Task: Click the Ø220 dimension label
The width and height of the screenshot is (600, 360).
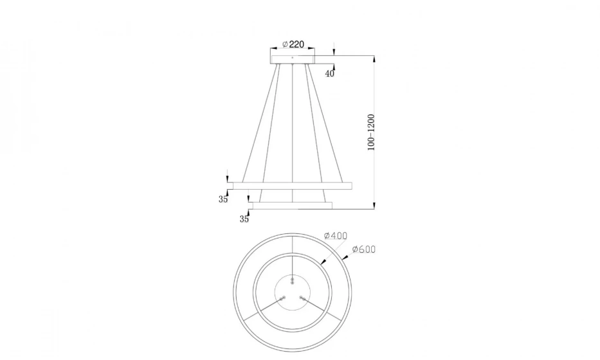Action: point(293,45)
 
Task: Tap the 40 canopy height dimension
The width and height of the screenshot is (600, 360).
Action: point(329,73)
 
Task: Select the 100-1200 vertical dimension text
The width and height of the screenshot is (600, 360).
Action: point(371,132)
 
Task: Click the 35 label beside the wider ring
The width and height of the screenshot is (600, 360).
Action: point(223,199)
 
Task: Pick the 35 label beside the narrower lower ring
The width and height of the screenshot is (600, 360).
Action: point(244,219)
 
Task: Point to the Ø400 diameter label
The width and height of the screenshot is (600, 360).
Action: point(336,236)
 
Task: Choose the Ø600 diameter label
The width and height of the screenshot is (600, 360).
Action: point(363,249)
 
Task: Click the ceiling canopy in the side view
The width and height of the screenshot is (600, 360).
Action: point(293,59)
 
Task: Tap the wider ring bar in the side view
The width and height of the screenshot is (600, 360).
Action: point(293,186)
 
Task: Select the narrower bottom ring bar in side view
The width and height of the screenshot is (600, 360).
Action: point(293,206)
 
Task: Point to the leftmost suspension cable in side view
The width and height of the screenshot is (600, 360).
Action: point(260,122)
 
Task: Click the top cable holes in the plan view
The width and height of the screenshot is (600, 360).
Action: point(292,281)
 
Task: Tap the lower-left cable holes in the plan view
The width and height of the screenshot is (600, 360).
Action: point(283,298)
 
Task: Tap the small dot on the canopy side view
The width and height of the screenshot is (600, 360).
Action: point(293,58)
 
